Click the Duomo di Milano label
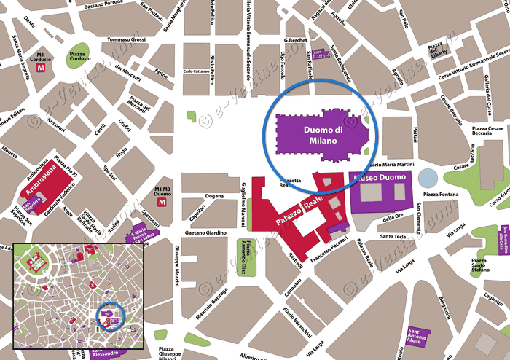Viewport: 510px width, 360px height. (318, 134)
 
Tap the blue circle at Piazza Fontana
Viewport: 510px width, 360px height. (429, 178)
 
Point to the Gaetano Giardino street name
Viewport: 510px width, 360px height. (205, 233)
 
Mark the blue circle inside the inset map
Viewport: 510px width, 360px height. (111, 317)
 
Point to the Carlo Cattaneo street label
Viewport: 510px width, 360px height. (196, 71)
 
